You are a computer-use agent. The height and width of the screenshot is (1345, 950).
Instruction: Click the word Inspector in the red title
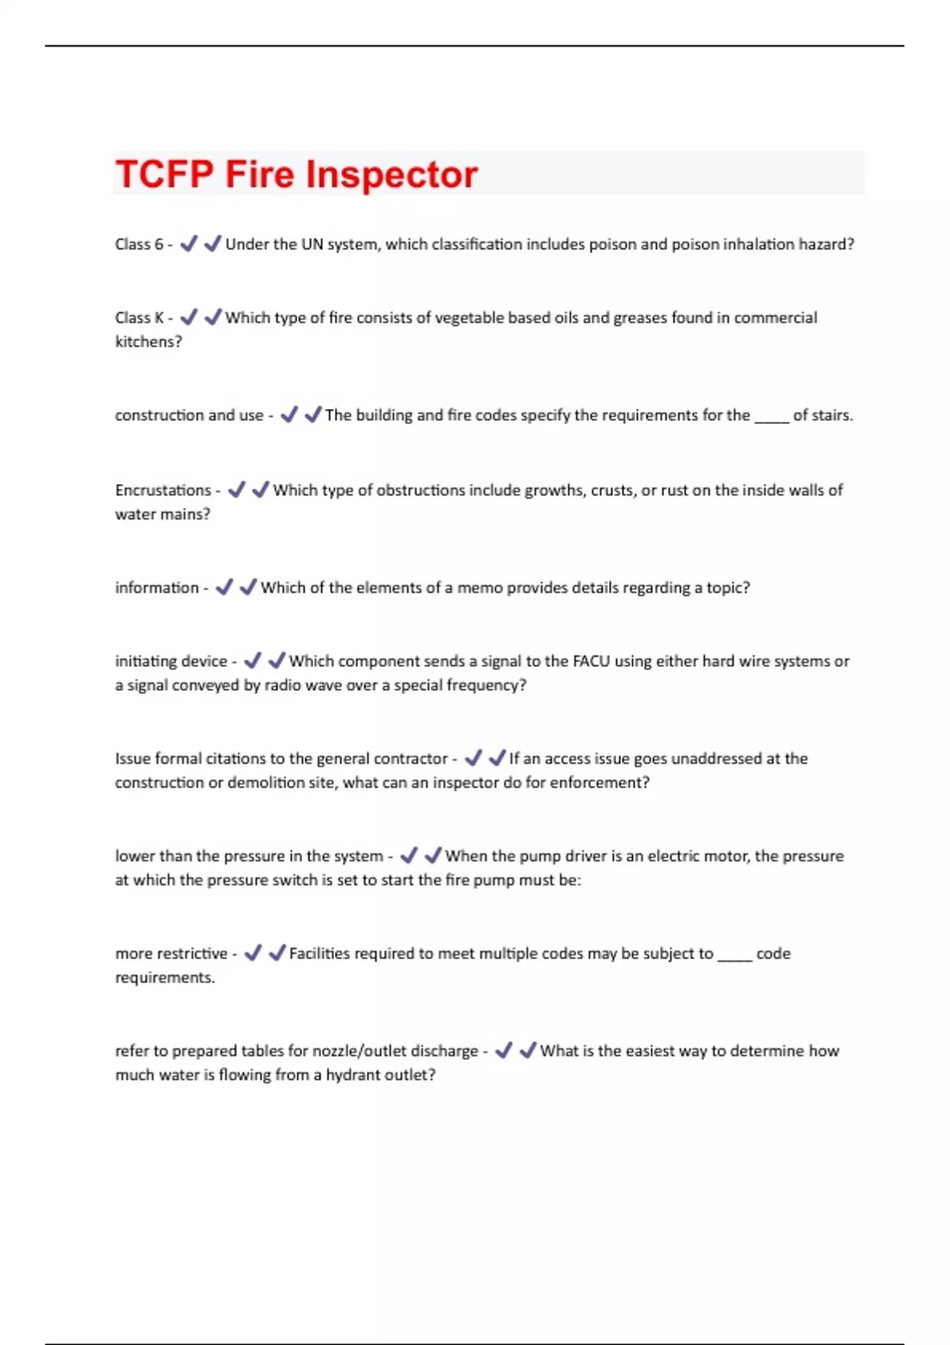click(392, 174)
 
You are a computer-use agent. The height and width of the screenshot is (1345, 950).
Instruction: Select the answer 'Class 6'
click(139, 244)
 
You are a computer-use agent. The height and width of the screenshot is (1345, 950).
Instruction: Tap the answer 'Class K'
click(139, 318)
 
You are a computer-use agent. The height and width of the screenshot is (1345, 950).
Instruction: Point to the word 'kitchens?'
click(148, 342)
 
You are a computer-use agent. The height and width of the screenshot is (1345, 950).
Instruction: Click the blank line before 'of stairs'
click(772, 416)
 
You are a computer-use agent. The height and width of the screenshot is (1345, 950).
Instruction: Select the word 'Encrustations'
click(162, 491)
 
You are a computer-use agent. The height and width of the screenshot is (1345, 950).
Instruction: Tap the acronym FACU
click(591, 661)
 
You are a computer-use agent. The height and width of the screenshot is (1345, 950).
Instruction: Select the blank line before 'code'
click(735, 955)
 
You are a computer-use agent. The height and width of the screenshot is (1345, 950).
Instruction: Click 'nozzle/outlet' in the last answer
click(359, 1051)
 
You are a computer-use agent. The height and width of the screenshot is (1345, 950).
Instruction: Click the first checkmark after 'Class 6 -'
click(188, 244)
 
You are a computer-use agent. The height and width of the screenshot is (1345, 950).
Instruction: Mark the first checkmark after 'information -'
click(224, 587)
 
